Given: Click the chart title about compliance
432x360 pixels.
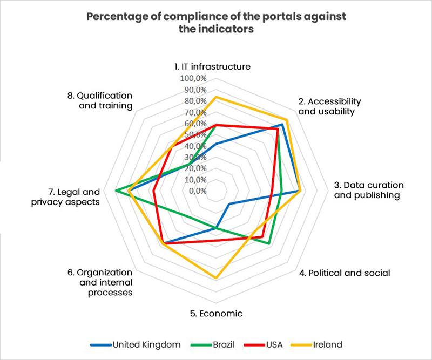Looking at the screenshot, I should pyautogui.click(x=216, y=23).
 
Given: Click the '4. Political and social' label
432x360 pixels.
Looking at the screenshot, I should pyautogui.click(x=345, y=273).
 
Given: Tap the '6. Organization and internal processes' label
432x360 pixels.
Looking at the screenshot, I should pyautogui.click(x=100, y=282).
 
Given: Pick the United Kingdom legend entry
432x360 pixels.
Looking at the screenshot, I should pyautogui.click(x=141, y=344).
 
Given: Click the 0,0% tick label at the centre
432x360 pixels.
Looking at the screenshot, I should pyautogui.click(x=198, y=191).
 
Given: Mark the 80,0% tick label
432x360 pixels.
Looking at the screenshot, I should pyautogui.click(x=195, y=101).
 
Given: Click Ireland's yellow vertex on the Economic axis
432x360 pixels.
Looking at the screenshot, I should pyautogui.click(x=216, y=279).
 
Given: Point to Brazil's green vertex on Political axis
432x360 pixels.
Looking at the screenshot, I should pyautogui.click(x=269, y=244).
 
